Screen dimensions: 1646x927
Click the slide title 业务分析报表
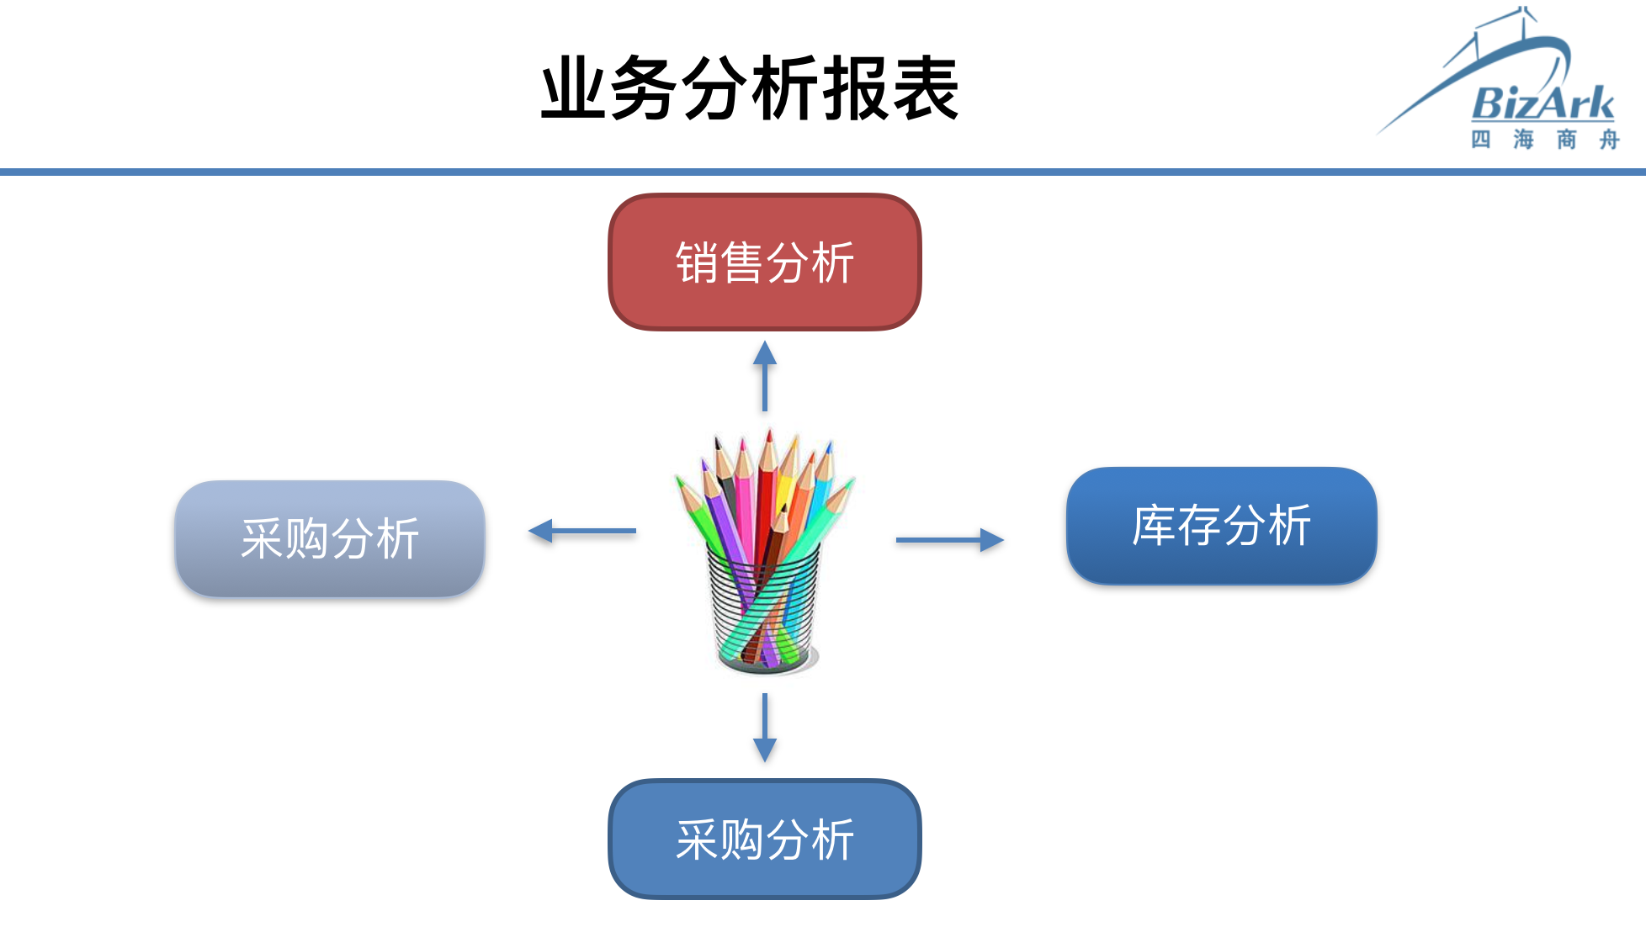(750, 89)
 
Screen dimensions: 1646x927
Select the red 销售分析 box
(765, 262)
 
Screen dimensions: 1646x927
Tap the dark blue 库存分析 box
(1222, 526)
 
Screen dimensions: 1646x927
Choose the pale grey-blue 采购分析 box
(330, 538)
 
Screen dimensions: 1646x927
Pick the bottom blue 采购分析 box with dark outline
(765, 840)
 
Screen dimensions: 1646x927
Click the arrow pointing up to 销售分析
(765, 376)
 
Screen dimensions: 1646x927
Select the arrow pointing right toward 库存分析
(950, 540)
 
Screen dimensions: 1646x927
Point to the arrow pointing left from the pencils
(581, 531)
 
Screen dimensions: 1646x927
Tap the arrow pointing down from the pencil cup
(765, 728)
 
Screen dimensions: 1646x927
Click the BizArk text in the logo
(1543, 103)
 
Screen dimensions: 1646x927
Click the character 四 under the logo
(1481, 140)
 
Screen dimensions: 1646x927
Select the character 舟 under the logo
(1609, 140)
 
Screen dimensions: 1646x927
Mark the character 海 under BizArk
(1523, 140)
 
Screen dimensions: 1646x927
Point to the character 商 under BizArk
(1566, 140)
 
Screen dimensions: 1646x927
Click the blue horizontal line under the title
(823, 172)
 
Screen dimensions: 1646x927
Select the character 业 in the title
(574, 89)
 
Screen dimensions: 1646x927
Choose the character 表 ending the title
(926, 89)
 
